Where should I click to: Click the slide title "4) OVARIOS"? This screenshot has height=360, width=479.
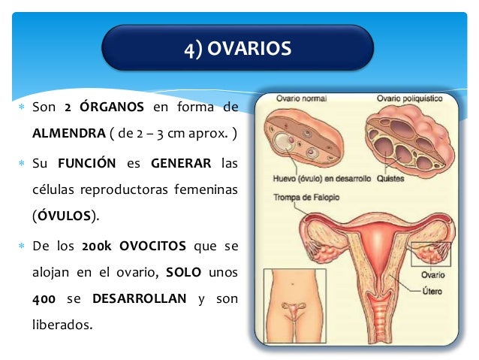coord(237,49)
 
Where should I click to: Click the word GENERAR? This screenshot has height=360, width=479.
coord(177,163)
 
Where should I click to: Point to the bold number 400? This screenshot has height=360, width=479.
coord(44,299)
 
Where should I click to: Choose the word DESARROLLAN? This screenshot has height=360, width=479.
coord(139,299)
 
